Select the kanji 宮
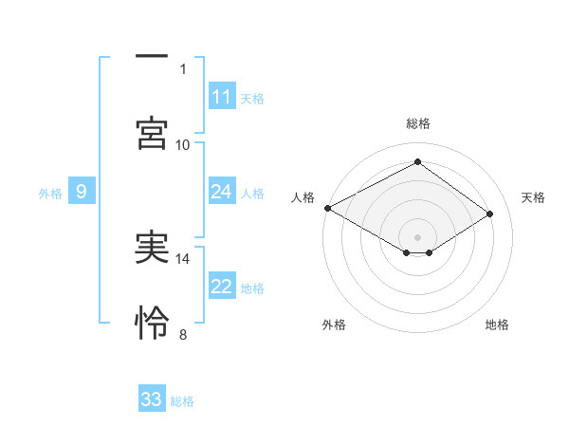tap(152, 133)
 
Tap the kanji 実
tap(152, 247)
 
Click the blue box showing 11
tap(221, 97)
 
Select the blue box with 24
tap(221, 192)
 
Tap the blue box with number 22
tap(221, 287)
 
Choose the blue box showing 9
tap(82, 192)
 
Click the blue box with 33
tap(152, 400)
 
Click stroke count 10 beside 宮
tap(183, 144)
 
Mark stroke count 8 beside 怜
tap(183, 334)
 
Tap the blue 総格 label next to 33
tap(182, 401)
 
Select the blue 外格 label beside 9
tap(50, 194)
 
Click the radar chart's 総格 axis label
tap(417, 123)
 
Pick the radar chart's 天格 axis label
tap(533, 197)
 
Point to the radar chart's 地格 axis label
tap(497, 325)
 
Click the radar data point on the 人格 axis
tap(327, 208)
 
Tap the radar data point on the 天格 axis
tap(490, 214)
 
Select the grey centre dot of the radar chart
tap(417, 235)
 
